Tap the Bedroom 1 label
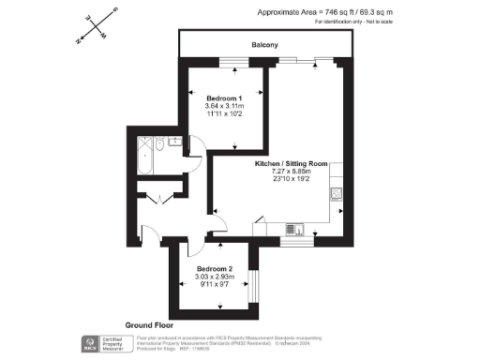224,97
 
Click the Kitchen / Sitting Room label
293,164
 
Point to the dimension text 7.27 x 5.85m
293,172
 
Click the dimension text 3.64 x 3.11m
224,106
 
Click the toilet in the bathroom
175,143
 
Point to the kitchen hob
336,194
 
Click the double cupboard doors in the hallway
153,197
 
